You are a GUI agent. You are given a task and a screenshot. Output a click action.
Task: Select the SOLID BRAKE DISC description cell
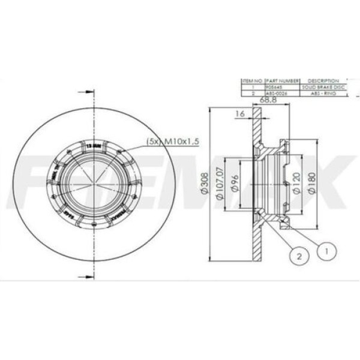coord(323,88)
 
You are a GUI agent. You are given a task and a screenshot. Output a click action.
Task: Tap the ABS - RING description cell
coord(323,94)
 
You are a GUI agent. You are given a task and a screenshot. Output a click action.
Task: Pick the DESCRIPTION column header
coord(323,80)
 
